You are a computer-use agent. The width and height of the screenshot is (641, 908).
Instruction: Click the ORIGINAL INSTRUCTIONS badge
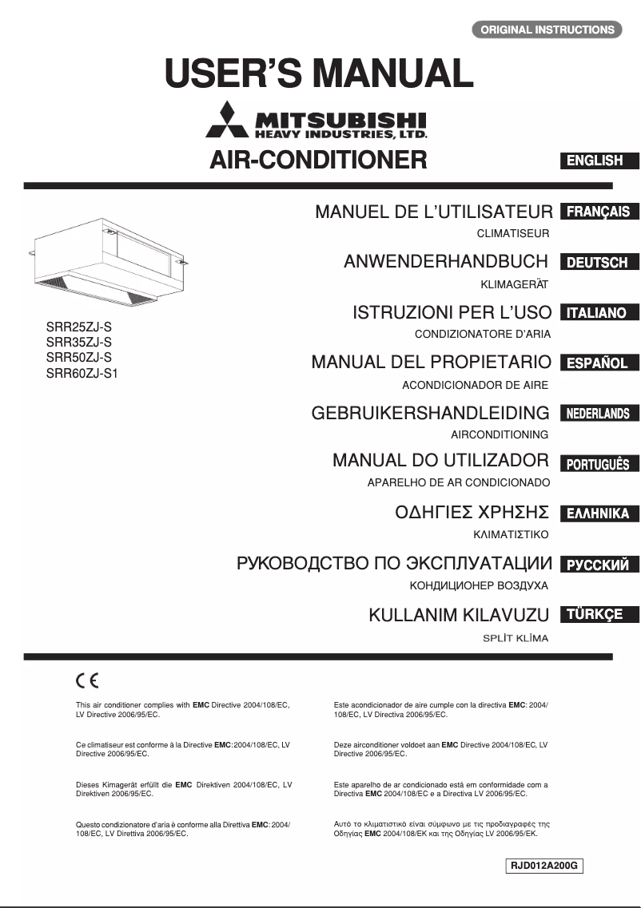coord(547,30)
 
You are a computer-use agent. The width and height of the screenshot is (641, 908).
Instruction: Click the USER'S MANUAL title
coord(319,73)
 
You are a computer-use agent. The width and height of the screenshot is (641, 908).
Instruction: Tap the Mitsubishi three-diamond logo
coord(228,121)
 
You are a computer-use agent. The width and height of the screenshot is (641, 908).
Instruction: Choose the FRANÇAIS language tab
coord(599,212)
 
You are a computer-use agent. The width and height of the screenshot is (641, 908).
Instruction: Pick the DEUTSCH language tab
coord(599,262)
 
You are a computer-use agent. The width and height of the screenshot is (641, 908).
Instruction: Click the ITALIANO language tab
coord(599,312)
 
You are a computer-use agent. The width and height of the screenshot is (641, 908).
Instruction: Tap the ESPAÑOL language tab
coord(599,363)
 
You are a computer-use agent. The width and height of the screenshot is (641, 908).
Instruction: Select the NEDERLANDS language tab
coord(599,414)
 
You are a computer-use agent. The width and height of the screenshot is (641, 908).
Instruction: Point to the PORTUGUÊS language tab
coord(599,464)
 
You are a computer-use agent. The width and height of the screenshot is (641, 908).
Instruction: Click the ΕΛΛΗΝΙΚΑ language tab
coord(599,513)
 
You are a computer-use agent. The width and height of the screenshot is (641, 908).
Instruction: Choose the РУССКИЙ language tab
coord(599,565)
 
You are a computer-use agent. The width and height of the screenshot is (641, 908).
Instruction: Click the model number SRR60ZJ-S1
coord(82,371)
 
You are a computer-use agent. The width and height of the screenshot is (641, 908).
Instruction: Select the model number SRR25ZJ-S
coord(79,327)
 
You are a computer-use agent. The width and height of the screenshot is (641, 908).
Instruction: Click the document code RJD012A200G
coord(544,866)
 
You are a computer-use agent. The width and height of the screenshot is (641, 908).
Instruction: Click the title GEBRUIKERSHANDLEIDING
coord(430,413)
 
